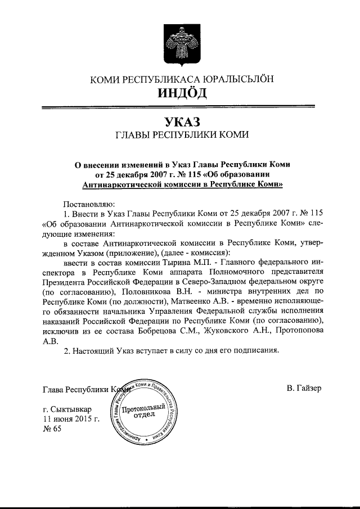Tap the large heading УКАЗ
click(181, 120)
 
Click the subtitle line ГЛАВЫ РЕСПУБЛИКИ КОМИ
click(181, 135)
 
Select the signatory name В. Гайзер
click(304, 388)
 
